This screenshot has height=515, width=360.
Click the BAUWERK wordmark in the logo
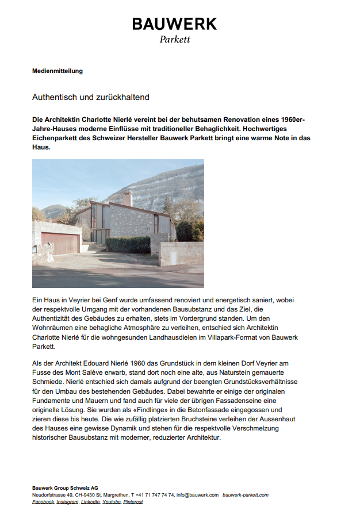click(174, 24)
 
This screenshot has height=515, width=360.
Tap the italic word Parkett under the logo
click(174, 40)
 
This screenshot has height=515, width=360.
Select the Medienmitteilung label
click(58, 71)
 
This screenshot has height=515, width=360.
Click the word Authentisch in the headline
click(55, 97)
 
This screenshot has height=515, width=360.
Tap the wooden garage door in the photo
click(60, 243)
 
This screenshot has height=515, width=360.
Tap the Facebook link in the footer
click(43, 502)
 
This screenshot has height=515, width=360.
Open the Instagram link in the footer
click(67, 502)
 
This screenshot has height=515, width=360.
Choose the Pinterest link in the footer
click(132, 502)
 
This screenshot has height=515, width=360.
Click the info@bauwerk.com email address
click(197, 495)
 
